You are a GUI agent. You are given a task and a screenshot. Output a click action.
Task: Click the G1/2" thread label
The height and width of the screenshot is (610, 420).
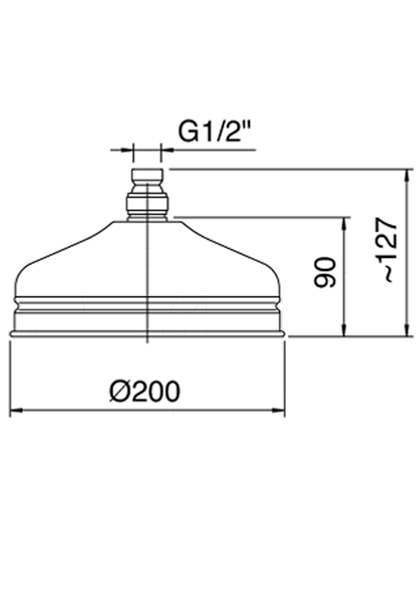point(215,133)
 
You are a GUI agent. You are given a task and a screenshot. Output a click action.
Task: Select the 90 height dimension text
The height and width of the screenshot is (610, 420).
point(325,272)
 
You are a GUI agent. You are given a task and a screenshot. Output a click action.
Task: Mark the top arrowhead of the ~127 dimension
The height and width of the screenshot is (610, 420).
point(408,175)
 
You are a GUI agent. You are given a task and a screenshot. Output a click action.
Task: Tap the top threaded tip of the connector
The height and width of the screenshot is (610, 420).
point(147,176)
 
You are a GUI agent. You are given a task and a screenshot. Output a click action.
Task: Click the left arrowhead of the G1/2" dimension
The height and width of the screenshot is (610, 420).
point(127,150)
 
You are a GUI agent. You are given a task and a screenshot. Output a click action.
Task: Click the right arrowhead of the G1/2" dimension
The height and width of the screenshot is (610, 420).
point(167,150)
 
